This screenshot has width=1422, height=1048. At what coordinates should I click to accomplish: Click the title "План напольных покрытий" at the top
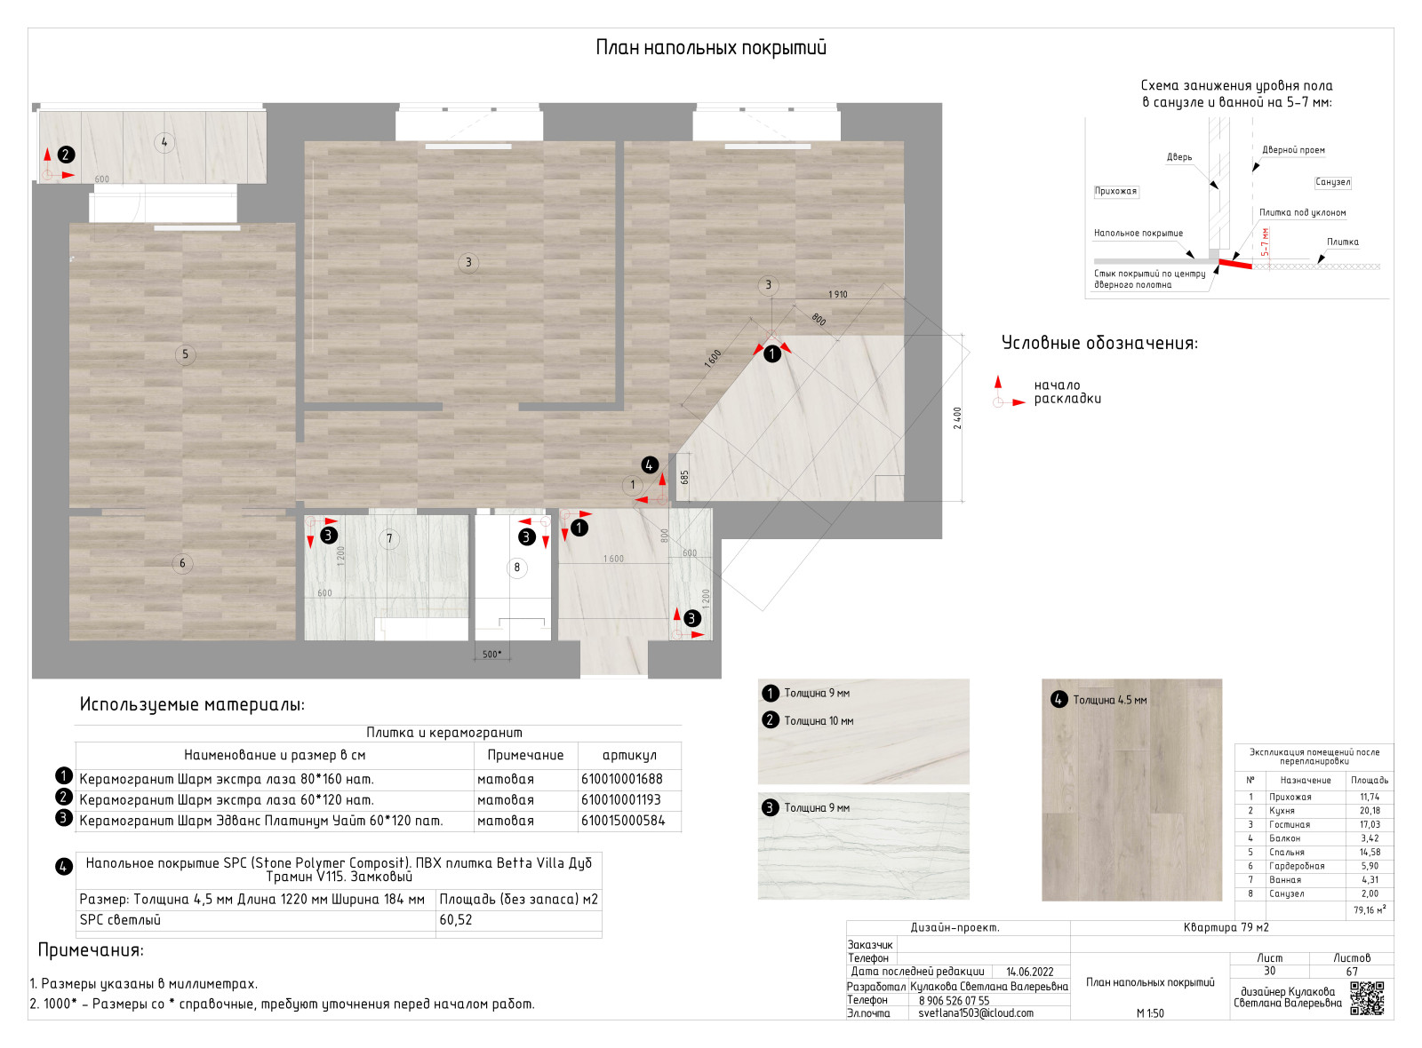pos(711,48)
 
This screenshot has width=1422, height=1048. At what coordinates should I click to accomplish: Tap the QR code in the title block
pos(1367,997)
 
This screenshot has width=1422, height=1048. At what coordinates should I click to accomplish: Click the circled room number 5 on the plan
pos(185,354)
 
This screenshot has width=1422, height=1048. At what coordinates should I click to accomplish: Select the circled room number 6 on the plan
pos(182,563)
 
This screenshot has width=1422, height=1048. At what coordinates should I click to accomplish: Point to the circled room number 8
pos(516,568)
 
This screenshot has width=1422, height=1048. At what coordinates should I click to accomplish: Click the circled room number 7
pos(388,538)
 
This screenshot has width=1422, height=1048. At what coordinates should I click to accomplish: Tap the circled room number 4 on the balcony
pos(164,142)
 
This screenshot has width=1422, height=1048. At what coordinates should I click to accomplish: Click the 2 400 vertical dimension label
pos(957,418)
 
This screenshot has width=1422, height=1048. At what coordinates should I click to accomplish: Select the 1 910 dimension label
pos(837,294)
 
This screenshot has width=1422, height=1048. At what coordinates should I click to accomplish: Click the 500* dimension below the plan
pos(491,655)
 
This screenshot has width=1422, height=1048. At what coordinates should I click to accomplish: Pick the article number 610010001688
pos(622,779)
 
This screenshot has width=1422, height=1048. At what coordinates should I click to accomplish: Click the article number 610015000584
pos(623,821)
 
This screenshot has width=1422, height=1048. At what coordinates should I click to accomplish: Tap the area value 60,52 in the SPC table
pos(456,920)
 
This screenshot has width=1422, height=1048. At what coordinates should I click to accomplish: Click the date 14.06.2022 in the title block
pos(1029,972)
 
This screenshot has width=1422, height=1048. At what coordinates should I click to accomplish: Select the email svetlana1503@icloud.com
pos(976,1012)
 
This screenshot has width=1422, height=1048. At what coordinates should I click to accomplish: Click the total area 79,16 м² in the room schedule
pos(1370,909)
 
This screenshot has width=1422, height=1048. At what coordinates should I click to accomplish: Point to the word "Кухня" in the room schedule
pos(1282,811)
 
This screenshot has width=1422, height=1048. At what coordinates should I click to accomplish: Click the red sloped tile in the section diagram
pos(1234,262)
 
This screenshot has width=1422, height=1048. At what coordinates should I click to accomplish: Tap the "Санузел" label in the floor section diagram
pos(1332,182)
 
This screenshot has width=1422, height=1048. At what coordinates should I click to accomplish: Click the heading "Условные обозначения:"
pos(1099,343)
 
